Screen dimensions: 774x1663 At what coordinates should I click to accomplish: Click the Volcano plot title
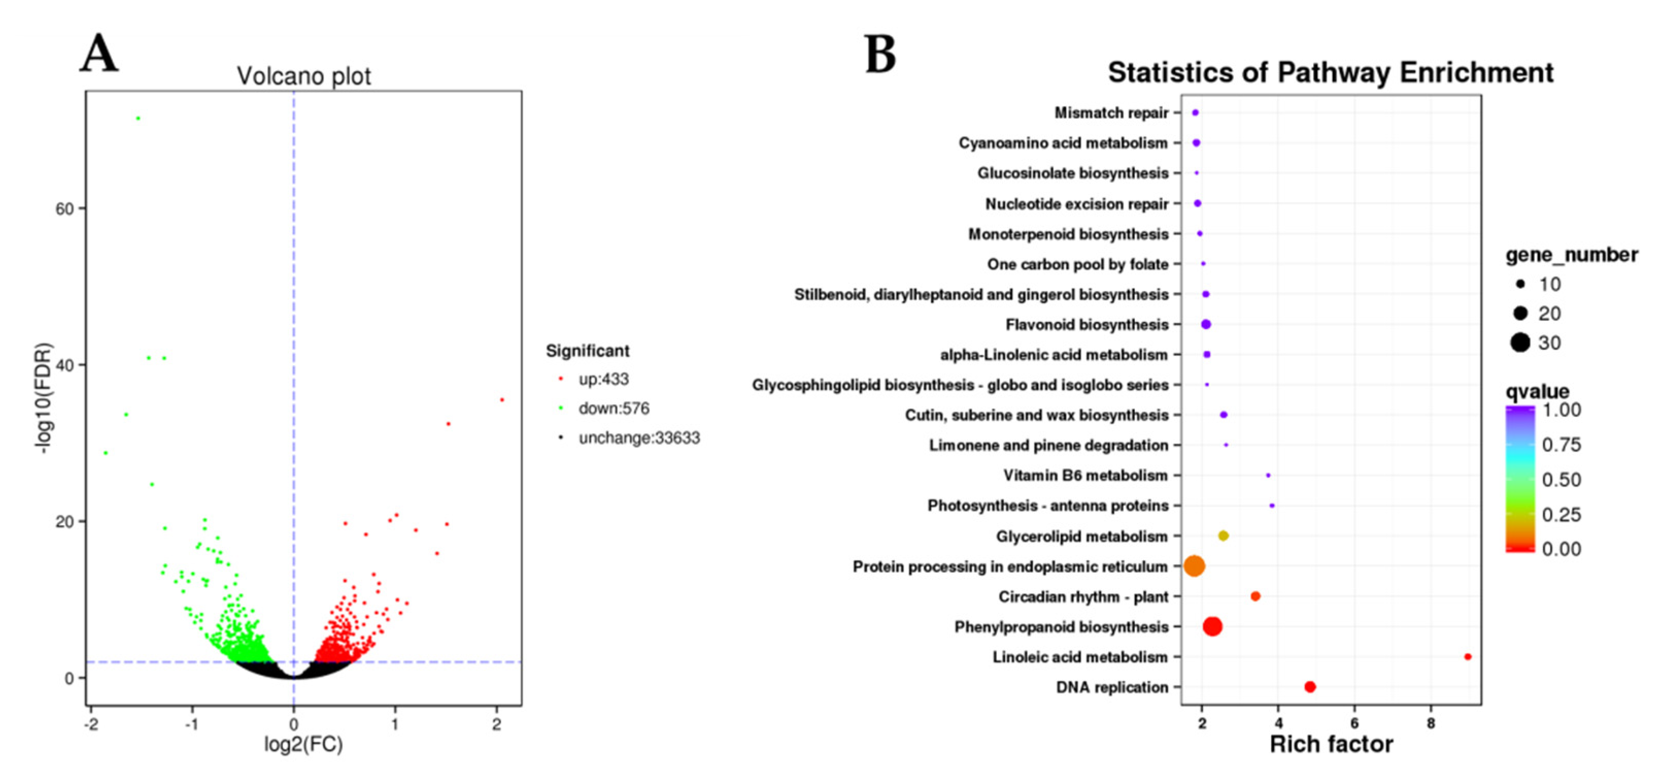coord(303,76)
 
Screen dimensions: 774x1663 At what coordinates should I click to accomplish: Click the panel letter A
coord(99,53)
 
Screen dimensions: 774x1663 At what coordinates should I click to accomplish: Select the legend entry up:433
coord(603,379)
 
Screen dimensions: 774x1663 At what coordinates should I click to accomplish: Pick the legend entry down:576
coord(613,408)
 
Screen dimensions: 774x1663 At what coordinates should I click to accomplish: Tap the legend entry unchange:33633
coord(638,438)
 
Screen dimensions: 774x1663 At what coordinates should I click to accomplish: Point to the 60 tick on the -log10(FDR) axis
coord(64,209)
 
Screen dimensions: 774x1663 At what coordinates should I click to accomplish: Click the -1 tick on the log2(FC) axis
coord(192,724)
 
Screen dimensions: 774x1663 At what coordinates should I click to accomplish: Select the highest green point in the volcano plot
coord(138,118)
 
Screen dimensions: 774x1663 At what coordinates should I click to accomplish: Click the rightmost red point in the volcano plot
coord(502,400)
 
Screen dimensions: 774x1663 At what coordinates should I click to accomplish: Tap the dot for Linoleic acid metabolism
coord(1467,657)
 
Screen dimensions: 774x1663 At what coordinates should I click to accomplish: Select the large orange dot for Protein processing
coord(1194,566)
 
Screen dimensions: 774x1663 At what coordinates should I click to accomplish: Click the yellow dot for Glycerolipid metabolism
coord(1223,536)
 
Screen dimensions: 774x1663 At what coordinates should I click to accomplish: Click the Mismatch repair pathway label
coord(1111,113)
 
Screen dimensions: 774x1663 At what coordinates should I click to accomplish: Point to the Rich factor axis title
coord(1331,744)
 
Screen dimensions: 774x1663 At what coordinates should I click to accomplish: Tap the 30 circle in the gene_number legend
coord(1520,343)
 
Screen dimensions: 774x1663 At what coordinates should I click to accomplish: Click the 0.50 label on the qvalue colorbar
coord(1561,479)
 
